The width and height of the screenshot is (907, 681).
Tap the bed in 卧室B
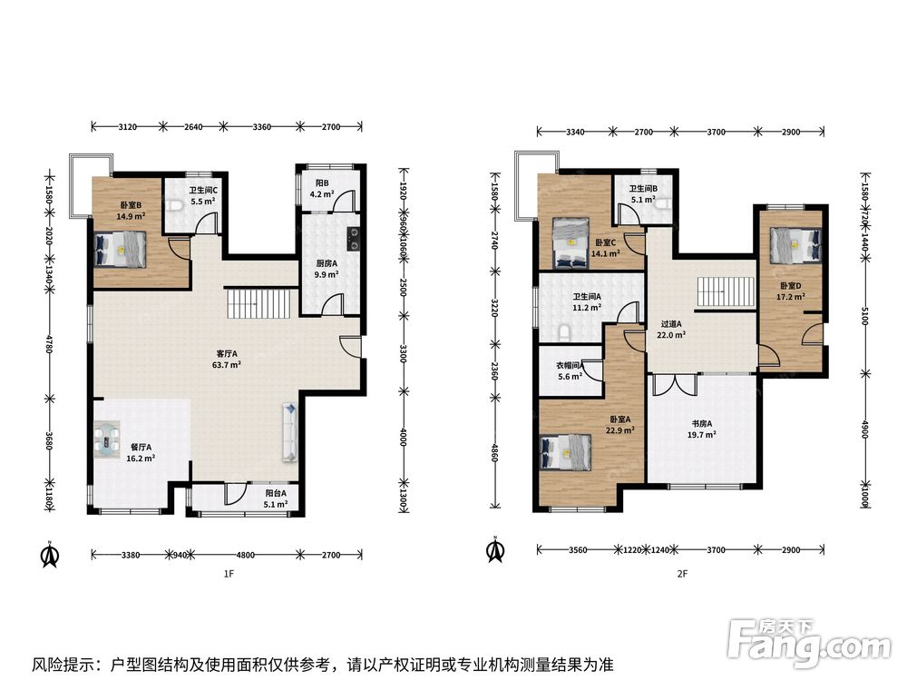(121, 250)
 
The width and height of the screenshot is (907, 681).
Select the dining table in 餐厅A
(107, 439)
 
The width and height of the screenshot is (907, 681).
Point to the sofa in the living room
(290, 432)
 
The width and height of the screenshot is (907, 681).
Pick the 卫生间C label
(203, 196)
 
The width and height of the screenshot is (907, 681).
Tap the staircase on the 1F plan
(258, 303)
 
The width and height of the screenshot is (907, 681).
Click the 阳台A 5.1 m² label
(276, 498)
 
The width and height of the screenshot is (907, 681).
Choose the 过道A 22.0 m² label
(671, 330)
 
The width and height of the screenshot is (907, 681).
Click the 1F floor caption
(229, 574)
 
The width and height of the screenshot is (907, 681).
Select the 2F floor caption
(683, 574)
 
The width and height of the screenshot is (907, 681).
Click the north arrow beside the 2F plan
(496, 551)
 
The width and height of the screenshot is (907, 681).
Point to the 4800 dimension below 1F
(245, 555)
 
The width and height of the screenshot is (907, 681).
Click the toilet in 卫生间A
(565, 331)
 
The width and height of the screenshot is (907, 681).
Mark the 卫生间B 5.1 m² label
(643, 194)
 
